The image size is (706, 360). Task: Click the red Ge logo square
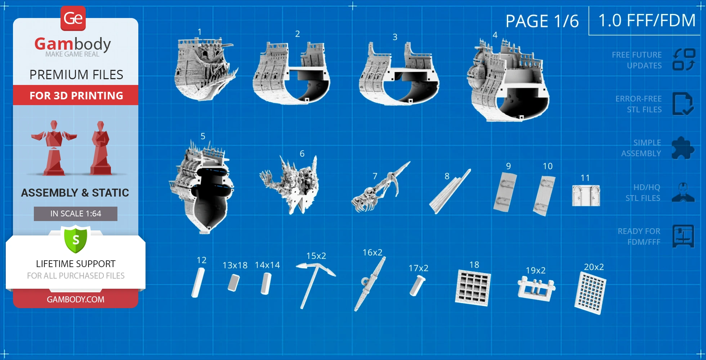click(x=73, y=18)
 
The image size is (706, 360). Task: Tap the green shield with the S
click(x=76, y=239)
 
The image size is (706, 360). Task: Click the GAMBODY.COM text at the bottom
click(x=76, y=300)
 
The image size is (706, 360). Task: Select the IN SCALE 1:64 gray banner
click(x=76, y=214)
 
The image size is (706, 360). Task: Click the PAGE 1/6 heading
click(x=542, y=21)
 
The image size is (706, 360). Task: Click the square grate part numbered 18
click(x=473, y=288)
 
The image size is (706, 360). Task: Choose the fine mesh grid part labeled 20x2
click(x=590, y=293)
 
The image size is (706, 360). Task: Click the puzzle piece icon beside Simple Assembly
click(x=683, y=148)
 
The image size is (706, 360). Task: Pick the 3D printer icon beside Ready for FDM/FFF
click(x=683, y=236)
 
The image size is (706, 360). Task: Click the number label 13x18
click(x=235, y=265)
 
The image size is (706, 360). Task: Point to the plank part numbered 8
click(x=450, y=192)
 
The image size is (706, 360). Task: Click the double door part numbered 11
click(x=586, y=195)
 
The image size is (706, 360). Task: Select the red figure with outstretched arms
click(x=54, y=148)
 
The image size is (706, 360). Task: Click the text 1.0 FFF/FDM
click(x=647, y=21)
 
